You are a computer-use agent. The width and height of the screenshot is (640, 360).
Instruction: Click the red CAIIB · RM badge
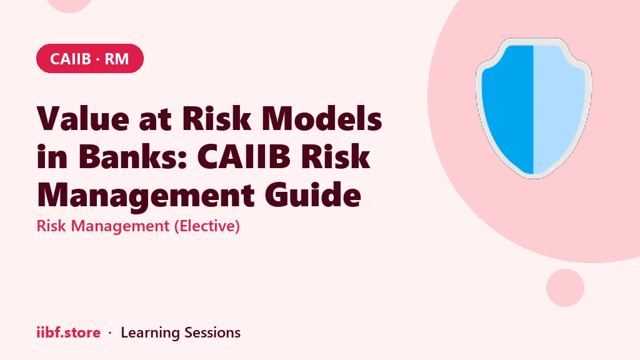[90, 58]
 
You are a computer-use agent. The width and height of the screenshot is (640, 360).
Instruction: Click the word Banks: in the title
[132, 156]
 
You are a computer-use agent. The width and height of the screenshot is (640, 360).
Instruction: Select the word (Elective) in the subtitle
[207, 226]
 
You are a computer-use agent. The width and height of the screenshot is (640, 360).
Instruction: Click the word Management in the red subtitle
[120, 226]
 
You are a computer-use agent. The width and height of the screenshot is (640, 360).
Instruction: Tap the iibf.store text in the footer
[68, 332]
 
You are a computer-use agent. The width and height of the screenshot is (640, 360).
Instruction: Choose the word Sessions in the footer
[212, 332]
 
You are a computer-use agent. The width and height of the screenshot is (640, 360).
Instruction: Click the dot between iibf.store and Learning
[110, 333]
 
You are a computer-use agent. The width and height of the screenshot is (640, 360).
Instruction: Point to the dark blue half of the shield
[507, 107]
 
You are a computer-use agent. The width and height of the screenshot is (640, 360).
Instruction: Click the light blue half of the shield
[559, 107]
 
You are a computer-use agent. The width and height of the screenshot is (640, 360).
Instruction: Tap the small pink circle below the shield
[565, 287]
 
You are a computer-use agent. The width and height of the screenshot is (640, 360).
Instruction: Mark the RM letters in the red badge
[116, 59]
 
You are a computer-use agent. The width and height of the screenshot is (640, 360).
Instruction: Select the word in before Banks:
[52, 157]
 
